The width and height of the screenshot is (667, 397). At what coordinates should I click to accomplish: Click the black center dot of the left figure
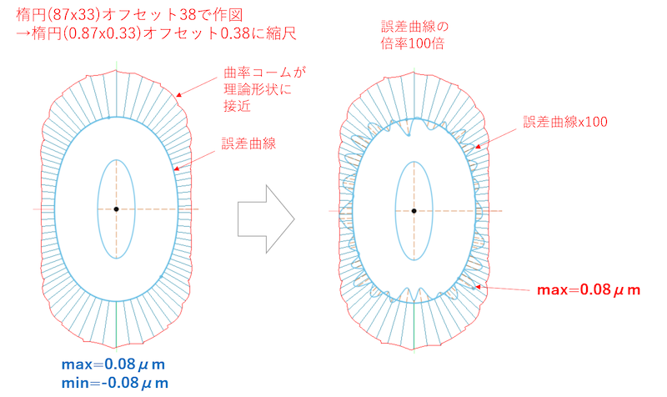coord(116,209)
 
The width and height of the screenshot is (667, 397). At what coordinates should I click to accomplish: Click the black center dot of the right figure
coord(414,210)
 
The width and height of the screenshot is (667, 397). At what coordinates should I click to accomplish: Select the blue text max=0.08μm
coord(114,364)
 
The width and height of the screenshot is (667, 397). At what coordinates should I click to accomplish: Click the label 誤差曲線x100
coord(565,122)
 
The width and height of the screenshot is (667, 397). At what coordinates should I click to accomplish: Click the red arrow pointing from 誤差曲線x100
coord(500,136)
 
